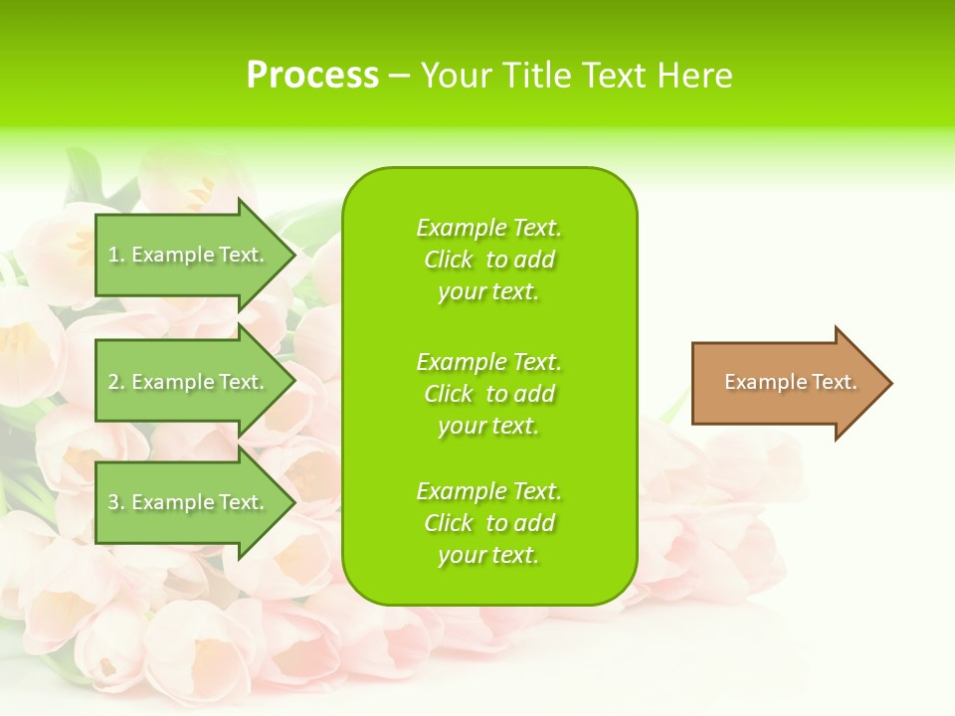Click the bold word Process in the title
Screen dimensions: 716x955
click(x=312, y=76)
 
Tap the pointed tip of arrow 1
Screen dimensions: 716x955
click(x=292, y=255)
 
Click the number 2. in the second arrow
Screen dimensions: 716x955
click(x=116, y=382)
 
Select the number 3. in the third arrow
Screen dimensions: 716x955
click(x=116, y=502)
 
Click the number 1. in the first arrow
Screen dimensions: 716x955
click(x=116, y=255)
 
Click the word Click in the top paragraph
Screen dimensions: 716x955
click(x=449, y=261)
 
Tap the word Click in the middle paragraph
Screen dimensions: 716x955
click(x=449, y=395)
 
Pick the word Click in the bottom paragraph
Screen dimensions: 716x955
click(x=449, y=524)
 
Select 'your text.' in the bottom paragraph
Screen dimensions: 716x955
click(x=488, y=556)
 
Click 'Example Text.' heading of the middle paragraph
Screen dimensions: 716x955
click(x=488, y=362)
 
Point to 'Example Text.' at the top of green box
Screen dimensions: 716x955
click(x=488, y=229)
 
